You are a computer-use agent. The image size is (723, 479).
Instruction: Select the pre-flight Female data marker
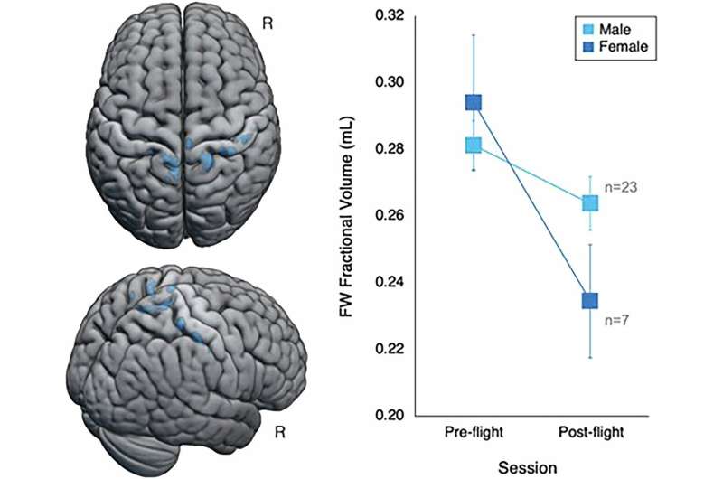tap(473, 103)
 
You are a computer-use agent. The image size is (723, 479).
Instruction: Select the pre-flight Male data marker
tap(473, 146)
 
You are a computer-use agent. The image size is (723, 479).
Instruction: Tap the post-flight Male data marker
tap(590, 203)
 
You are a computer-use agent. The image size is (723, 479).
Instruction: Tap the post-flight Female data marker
tap(590, 301)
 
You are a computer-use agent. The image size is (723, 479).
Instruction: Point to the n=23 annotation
tap(625, 191)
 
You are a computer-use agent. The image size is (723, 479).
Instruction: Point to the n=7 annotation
tap(617, 321)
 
